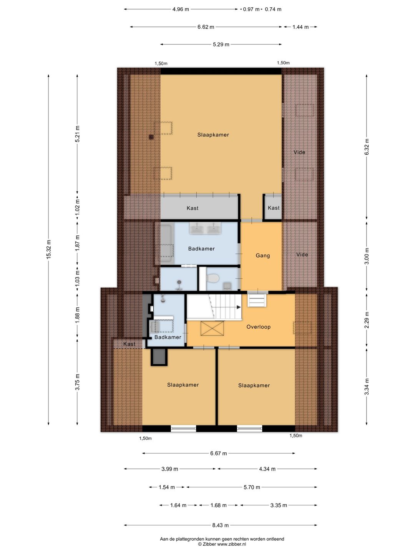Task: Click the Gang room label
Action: [262, 255]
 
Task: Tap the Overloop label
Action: [258, 327]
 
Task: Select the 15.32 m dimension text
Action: [49, 249]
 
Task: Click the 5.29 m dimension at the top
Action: [221, 44]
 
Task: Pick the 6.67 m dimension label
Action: [219, 454]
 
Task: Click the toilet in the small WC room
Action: [213, 278]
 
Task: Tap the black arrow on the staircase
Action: [238, 307]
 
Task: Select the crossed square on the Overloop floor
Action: [212, 328]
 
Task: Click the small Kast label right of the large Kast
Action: [273, 208]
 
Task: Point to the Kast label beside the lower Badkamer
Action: [129, 344]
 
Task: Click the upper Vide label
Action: [299, 152]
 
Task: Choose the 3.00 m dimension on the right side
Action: [367, 256]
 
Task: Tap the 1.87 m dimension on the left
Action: [77, 243]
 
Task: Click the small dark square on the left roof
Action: [151, 137]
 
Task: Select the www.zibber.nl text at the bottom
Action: [232, 544]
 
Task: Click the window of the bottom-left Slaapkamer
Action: [183, 428]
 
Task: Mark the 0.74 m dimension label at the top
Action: [273, 9]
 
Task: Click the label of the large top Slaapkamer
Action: [213, 135]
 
